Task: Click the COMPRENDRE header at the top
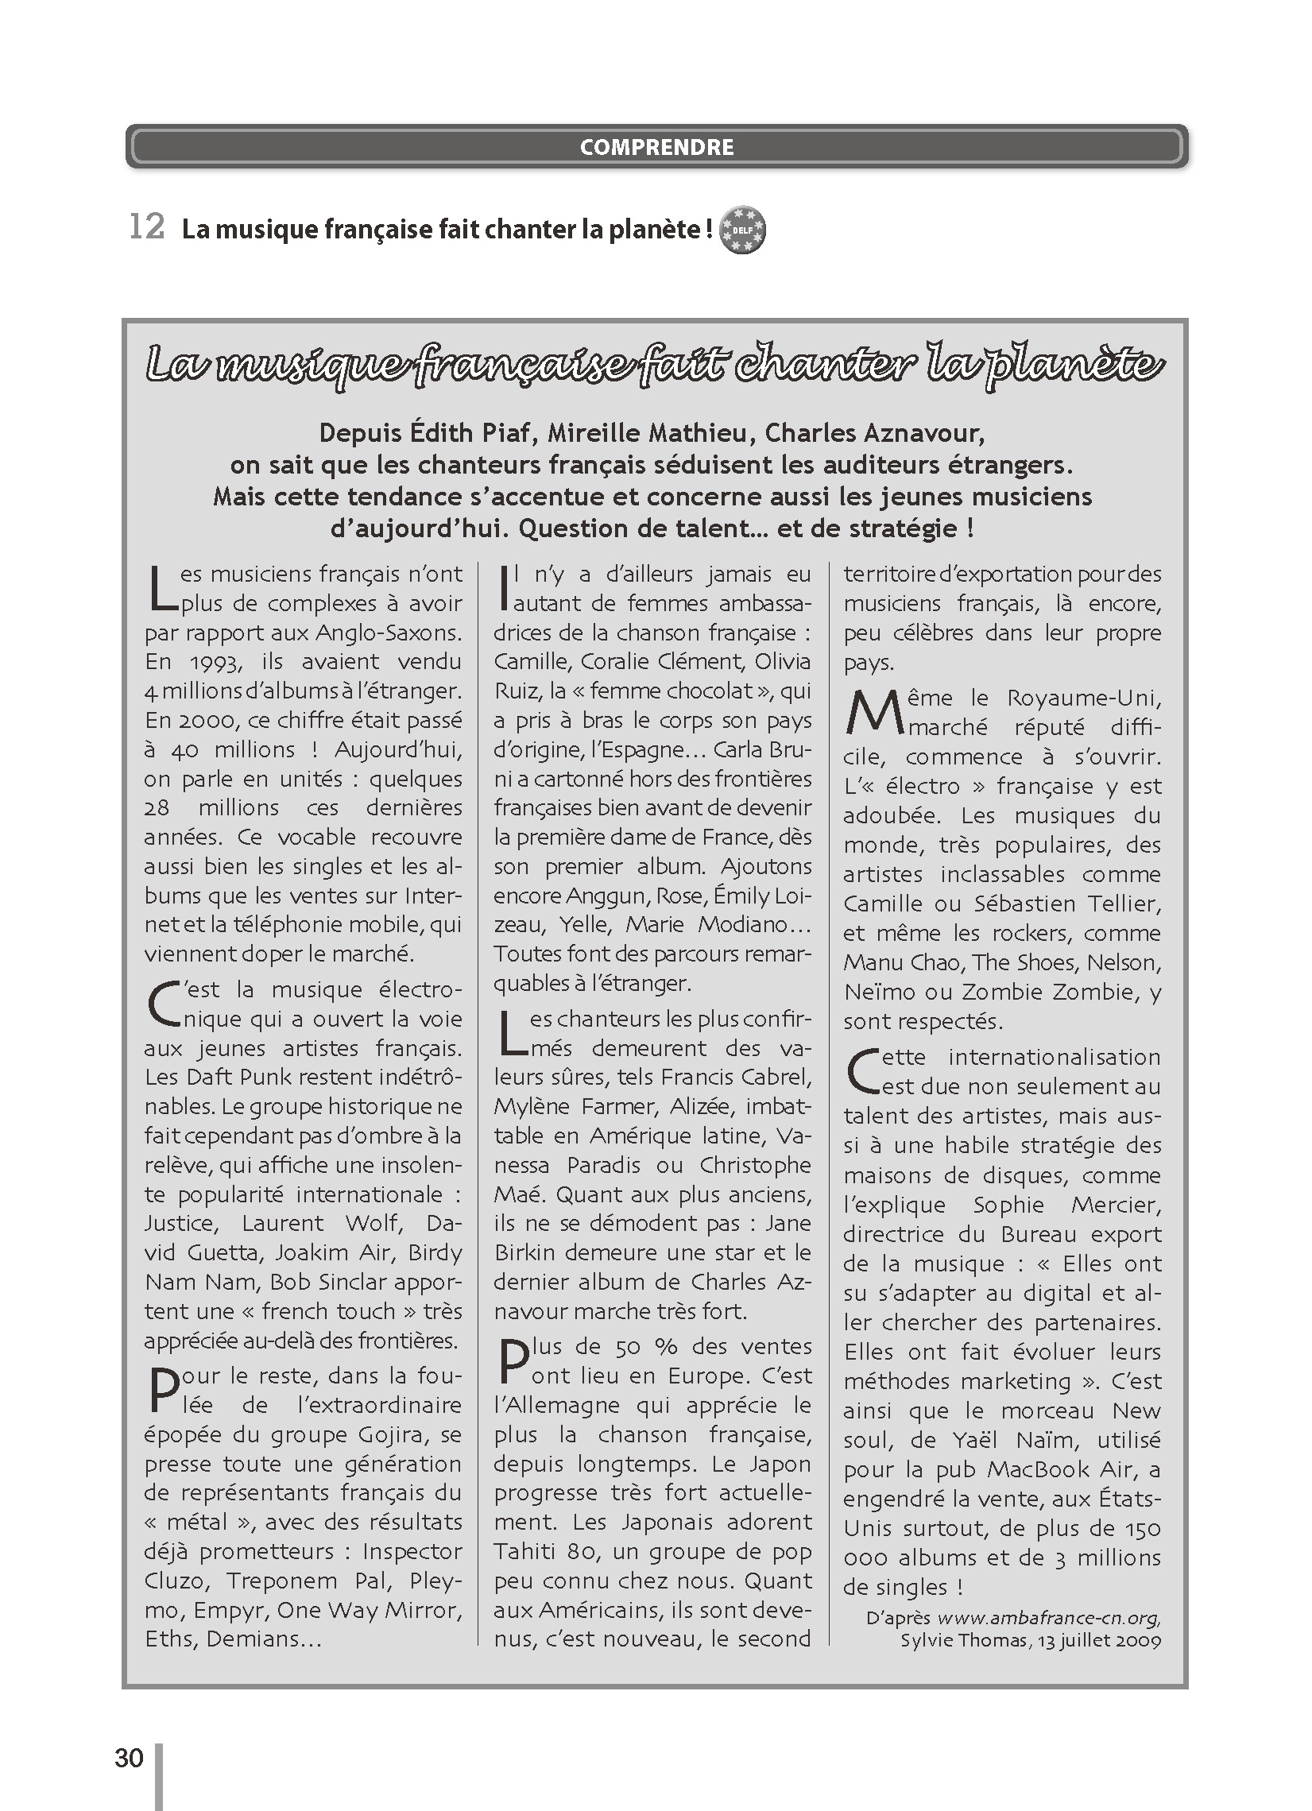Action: (x=656, y=147)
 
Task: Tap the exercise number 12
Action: (x=147, y=226)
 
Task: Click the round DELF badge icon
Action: (x=742, y=230)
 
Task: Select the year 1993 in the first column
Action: (x=215, y=662)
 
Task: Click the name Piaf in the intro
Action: (x=506, y=433)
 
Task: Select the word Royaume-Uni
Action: (x=1084, y=698)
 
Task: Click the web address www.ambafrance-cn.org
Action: (x=1047, y=1619)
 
